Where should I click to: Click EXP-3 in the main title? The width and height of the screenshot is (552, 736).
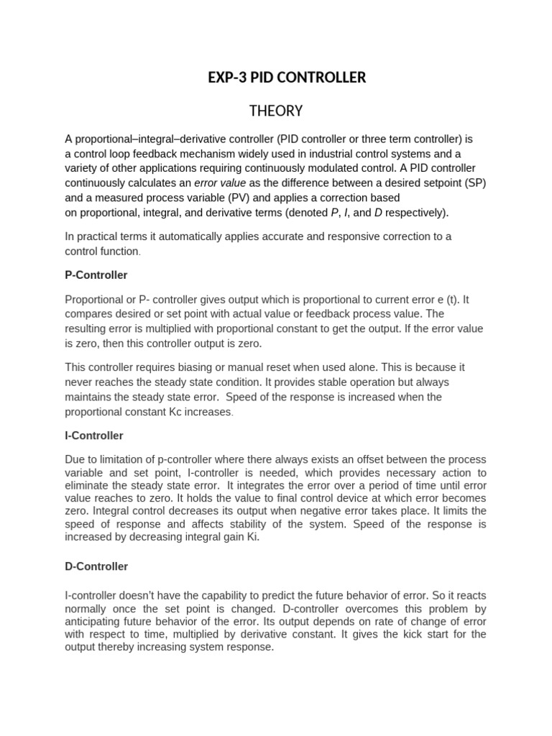coord(226,78)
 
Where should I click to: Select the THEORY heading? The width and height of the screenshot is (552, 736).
coord(276,111)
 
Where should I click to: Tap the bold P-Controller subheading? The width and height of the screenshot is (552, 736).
coord(96,275)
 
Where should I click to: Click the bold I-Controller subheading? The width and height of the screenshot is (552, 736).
coord(93,436)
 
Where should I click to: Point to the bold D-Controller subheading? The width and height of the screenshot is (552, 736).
coord(96,566)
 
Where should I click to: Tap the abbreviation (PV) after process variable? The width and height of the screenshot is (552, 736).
coord(240,198)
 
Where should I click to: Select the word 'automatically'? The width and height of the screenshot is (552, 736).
coord(190,236)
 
